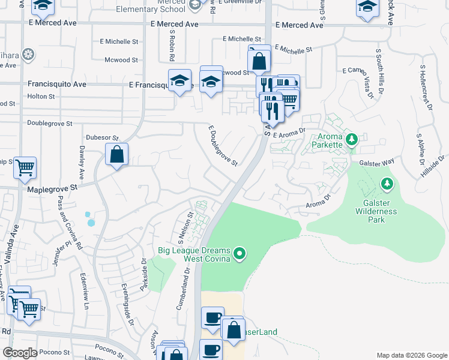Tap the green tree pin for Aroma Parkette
click(352, 140)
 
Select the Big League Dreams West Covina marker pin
click(240, 254)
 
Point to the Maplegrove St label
click(53, 188)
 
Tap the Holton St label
click(41, 96)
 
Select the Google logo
click(20, 353)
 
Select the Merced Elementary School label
click(158, 5)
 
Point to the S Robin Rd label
click(172, 46)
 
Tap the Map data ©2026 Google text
click(411, 355)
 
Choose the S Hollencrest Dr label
click(427, 89)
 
